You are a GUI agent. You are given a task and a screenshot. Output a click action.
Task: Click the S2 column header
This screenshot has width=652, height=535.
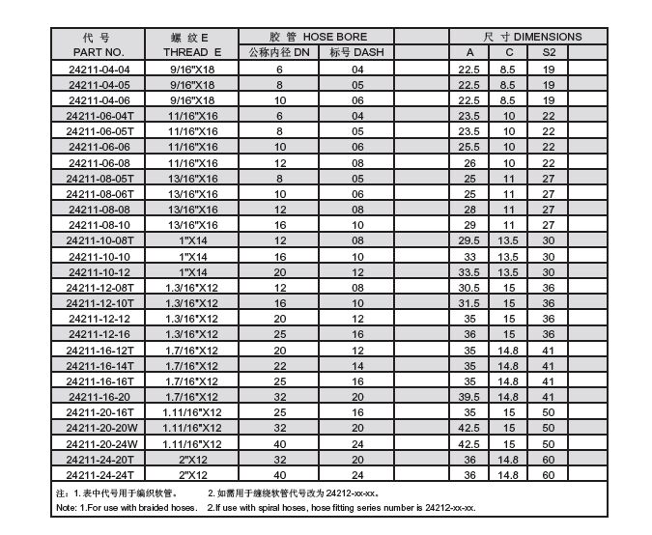pyautogui.click(x=549, y=52)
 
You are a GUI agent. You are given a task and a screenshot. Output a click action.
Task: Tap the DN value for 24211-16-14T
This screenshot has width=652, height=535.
pyautogui.click(x=279, y=366)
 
